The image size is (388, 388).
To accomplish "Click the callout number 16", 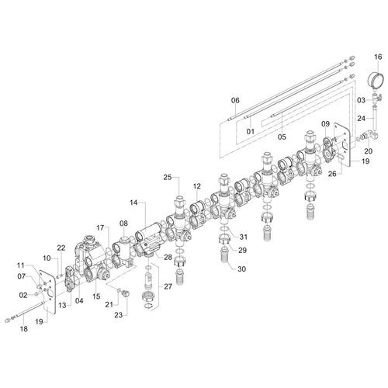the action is pos(378,57).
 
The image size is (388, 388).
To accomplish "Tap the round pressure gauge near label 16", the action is pos(375,80).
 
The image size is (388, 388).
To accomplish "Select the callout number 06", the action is pos(235,100).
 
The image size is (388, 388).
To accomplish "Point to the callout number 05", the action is pos(282,137).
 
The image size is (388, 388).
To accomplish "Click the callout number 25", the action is pos(168,177).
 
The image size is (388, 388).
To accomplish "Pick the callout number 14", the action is pos(133,203).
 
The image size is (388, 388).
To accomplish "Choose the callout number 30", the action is pos(241,269).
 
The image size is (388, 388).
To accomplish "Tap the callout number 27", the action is pos(168,286).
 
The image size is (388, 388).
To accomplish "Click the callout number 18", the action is pos(23,329).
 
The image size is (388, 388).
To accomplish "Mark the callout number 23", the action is pos(119,315).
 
